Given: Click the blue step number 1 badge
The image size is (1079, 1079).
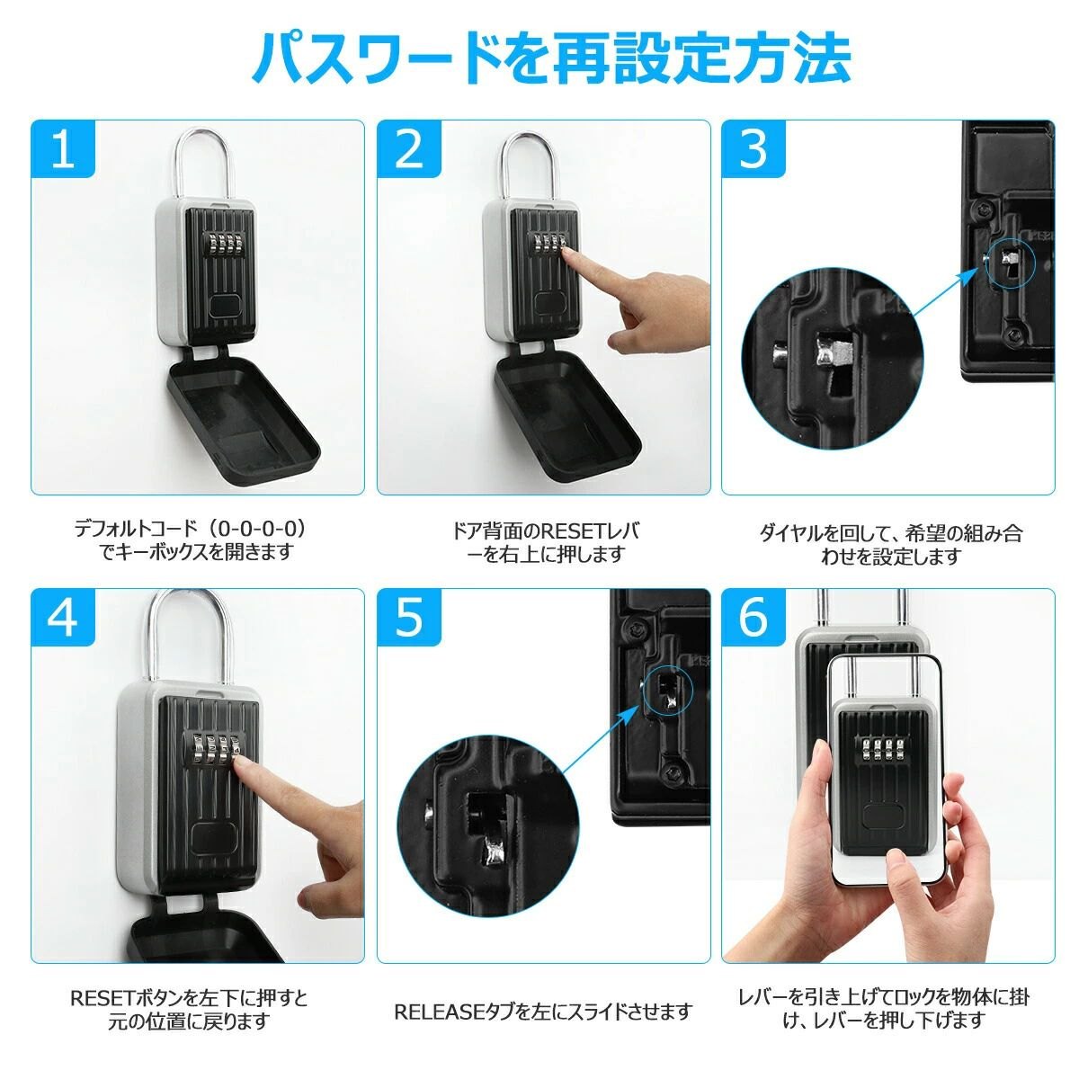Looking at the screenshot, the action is pos(63,149).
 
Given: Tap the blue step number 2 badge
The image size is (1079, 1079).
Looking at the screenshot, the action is pos(409,149).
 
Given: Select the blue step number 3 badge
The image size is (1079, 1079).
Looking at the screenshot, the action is pos(754,149).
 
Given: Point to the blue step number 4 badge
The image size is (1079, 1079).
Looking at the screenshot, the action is pos(63,618).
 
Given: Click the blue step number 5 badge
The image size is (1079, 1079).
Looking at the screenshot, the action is pos(409,618).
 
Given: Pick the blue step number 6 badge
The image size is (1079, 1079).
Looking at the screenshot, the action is pos(754,618).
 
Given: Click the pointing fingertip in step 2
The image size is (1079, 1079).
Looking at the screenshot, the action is pos(568,257).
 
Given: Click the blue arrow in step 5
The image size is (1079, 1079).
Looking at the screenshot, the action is pos(600,738).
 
